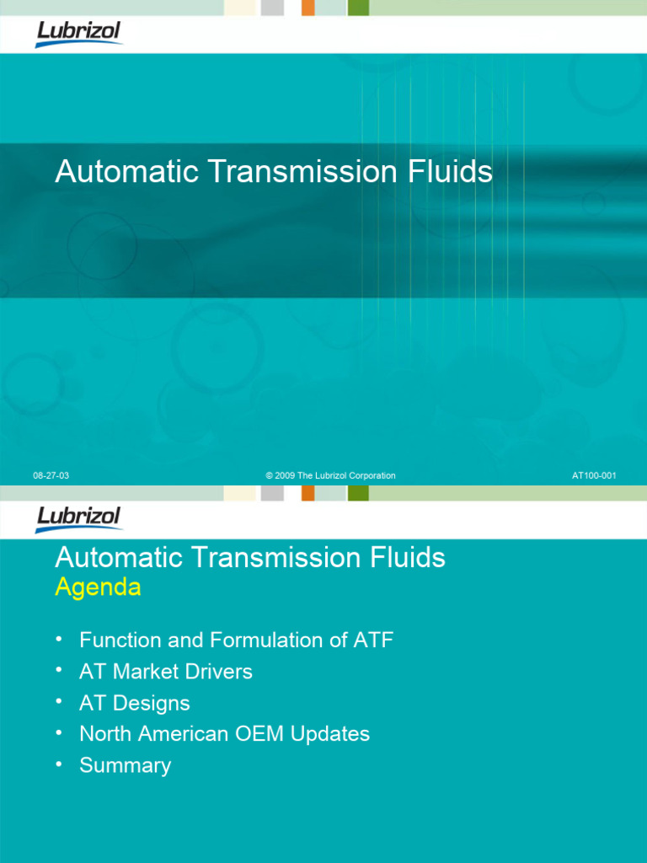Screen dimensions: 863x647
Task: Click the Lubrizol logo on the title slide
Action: [79, 34]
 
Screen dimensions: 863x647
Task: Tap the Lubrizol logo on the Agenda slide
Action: [79, 518]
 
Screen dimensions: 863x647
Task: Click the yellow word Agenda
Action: [98, 587]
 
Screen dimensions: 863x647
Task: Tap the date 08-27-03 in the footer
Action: [51, 476]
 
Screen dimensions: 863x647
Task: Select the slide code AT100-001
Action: [594, 476]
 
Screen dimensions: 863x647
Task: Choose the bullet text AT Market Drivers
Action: [166, 672]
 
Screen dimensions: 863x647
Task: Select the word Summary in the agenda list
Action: [125, 765]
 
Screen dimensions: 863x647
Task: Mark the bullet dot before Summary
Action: [59, 764]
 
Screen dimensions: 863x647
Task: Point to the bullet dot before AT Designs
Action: [59, 701]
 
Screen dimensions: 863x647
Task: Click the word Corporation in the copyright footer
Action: [367, 476]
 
